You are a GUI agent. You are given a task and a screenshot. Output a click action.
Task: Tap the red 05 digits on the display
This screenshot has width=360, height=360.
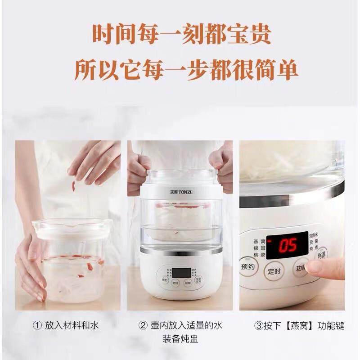(287, 245)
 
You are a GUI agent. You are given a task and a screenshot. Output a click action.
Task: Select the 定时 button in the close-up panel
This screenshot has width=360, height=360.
(274, 271)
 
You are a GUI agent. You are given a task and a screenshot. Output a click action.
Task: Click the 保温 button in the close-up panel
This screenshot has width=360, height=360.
(321, 255)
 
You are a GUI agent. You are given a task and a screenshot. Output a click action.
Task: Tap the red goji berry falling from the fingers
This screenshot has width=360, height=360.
(73, 185)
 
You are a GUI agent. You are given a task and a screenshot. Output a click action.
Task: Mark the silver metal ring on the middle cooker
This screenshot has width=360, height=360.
(181, 249)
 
